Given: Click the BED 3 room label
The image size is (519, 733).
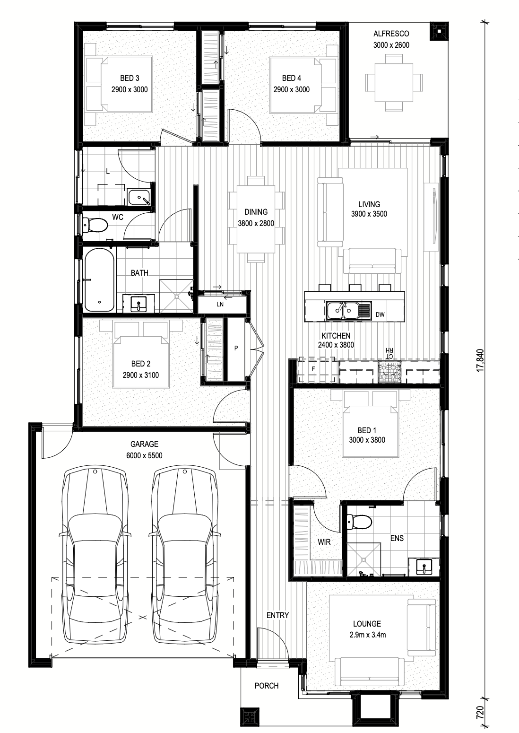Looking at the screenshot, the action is [130, 78].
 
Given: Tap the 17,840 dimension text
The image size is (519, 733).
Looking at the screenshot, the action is [480, 360].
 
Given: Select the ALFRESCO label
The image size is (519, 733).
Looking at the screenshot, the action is [391, 34].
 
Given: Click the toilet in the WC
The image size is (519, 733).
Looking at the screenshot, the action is [95, 225].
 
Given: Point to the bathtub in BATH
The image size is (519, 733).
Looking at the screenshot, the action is [99, 279].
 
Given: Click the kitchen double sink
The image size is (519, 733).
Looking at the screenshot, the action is [343, 310].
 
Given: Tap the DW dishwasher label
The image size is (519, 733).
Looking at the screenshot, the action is [380, 315].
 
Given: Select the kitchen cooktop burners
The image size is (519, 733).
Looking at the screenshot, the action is [389, 371].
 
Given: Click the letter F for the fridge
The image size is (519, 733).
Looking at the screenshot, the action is [313, 369].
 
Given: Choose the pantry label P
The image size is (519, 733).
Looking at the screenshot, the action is [236, 348].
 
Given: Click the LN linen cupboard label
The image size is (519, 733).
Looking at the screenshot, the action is [220, 305].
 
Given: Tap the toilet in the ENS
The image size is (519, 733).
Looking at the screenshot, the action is [359, 522].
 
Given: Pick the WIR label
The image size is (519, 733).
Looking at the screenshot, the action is [324, 542].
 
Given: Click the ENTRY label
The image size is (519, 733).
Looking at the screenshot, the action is [277, 615].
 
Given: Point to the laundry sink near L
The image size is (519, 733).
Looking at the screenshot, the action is [138, 197].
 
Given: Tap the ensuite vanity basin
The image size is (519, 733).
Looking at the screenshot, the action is [424, 567].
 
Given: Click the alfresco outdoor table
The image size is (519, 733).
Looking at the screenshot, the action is [394, 82].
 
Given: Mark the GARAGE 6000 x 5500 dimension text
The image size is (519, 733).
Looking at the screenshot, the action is [144, 455].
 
